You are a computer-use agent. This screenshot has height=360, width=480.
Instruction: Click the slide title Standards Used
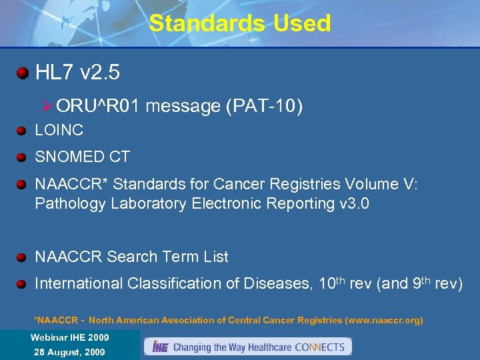[240, 23]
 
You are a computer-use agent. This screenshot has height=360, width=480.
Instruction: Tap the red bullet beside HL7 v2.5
[23, 73]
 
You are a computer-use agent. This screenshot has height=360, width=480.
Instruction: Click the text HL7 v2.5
[77, 73]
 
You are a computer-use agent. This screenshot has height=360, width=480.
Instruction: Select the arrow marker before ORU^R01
[47, 105]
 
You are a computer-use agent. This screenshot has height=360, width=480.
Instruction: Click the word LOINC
[59, 131]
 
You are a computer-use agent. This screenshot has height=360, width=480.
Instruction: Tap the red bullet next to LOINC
[22, 131]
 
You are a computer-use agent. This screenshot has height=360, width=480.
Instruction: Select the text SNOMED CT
[82, 157]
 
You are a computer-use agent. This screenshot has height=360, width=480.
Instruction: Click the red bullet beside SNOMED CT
[22, 157]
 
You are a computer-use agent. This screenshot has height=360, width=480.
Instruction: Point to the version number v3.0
[354, 203]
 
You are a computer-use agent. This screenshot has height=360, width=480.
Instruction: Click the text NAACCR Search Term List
[131, 257]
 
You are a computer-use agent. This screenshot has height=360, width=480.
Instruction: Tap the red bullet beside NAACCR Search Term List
[22, 257]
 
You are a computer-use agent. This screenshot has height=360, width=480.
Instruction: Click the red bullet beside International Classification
[22, 284]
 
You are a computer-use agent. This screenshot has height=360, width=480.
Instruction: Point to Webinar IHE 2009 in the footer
[69, 337]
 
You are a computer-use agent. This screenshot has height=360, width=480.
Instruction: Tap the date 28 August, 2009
[69, 351]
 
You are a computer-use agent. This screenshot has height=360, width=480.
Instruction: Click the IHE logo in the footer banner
[160, 347]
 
